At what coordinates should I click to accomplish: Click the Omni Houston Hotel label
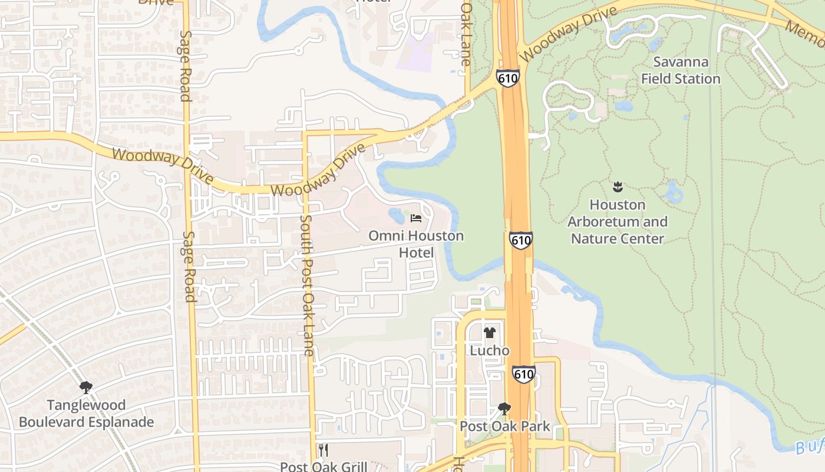(x=416, y=244)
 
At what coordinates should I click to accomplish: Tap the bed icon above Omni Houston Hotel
(x=416, y=218)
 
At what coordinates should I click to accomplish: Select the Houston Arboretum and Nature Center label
(x=618, y=222)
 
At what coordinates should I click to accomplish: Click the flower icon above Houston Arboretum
(x=618, y=188)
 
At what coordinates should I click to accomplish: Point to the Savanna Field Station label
(x=681, y=70)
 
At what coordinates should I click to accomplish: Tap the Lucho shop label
(x=489, y=350)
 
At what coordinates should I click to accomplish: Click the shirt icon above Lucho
(x=489, y=333)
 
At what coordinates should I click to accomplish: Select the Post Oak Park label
(x=504, y=426)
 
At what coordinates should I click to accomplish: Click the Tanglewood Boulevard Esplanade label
(x=86, y=414)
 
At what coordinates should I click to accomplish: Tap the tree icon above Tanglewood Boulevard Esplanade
(x=86, y=388)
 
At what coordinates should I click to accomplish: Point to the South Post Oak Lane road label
(x=307, y=285)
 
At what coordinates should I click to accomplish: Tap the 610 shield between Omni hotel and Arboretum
(x=521, y=240)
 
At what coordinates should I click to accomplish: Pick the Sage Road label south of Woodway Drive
(x=189, y=266)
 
